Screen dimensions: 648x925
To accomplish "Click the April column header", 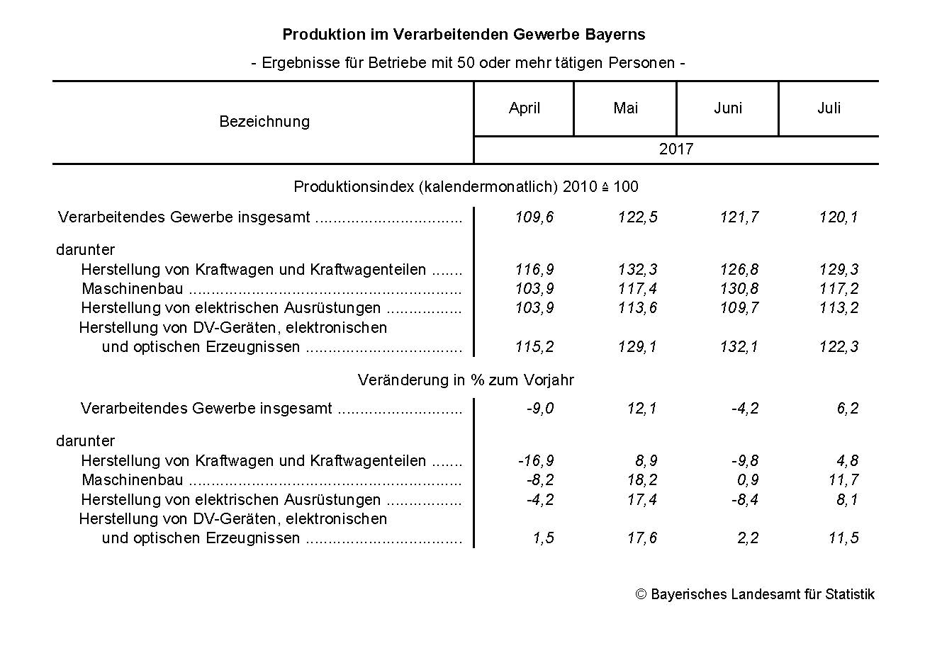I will coord(525,108).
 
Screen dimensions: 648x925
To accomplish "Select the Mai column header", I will coord(625,108).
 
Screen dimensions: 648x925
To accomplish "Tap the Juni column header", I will coord(728,108).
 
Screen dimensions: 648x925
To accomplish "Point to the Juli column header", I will coord(829,108).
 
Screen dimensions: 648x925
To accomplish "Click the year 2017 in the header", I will coord(675,149).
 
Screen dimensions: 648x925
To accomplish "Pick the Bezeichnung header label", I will coord(264,122).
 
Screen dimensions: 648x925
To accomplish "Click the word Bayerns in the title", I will coord(616,35).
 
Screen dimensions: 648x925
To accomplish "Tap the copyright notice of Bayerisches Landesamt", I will coord(755,594).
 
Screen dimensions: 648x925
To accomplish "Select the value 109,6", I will coord(535,217).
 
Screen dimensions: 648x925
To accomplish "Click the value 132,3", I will coord(638,270).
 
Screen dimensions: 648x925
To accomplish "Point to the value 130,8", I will coord(739,289).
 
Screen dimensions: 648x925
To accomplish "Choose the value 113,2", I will coord(839,308).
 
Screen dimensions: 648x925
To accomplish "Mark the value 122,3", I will coord(839,347).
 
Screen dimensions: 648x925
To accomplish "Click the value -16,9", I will coord(536,461).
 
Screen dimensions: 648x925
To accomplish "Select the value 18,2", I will coord(641,480).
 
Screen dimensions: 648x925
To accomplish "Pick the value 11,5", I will coord(843,538).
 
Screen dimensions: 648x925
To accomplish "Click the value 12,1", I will coord(641,409).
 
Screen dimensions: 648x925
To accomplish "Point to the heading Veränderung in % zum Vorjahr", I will coord(466,380).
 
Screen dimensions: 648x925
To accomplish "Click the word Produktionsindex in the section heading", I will coord(354,187).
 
